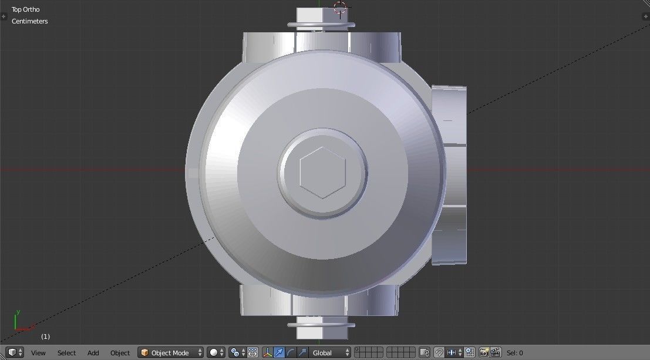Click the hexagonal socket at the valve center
point(322,172)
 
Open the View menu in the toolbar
point(38,353)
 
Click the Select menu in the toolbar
point(66,353)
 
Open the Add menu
point(93,353)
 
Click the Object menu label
point(120,353)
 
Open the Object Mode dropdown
point(170,353)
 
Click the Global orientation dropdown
point(329,353)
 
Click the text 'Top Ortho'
point(26,9)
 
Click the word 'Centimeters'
point(29,21)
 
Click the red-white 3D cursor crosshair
point(340,8)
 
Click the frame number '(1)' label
point(45,337)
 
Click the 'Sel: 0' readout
point(515,353)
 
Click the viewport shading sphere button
point(214,353)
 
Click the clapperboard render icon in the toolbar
point(496,353)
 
